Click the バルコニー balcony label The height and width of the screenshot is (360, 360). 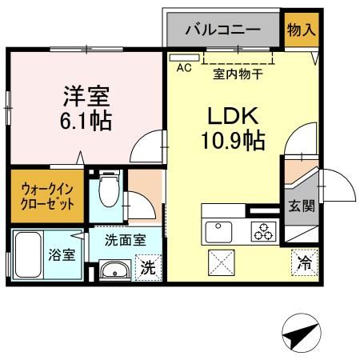(x=222, y=31)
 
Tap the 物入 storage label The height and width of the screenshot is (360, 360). (x=301, y=30)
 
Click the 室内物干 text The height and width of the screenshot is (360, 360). (x=238, y=75)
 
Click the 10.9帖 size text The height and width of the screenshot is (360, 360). (x=233, y=142)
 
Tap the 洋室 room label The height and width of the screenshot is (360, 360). (x=87, y=98)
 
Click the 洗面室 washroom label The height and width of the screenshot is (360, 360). (x=125, y=238)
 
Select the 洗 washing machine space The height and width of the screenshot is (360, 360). (x=149, y=267)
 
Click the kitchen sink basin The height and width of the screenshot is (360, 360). (x=217, y=231)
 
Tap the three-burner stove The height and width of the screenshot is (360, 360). (x=262, y=231)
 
